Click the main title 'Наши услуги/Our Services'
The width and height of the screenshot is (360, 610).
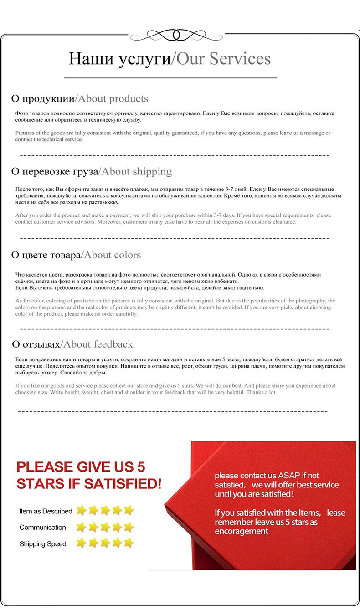[170, 59]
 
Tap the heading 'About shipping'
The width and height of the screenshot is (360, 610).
[137, 172]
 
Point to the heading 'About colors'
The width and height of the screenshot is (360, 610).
[113, 255]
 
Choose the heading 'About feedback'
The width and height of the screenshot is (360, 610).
[98, 344]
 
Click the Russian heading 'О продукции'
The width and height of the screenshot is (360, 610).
[42, 99]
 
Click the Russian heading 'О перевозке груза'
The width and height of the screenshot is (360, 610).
[55, 172]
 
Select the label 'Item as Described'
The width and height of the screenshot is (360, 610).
[46, 511]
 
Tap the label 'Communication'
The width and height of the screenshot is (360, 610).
[43, 528]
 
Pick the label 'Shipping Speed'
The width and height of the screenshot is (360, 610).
[43, 544]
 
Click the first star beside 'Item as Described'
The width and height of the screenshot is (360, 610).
[82, 510]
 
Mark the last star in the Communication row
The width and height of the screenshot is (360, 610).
[129, 527]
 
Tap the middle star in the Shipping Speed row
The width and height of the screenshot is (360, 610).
[105, 543]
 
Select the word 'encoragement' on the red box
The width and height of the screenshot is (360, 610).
[242, 531]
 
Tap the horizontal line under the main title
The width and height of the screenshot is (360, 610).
[170, 78]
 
